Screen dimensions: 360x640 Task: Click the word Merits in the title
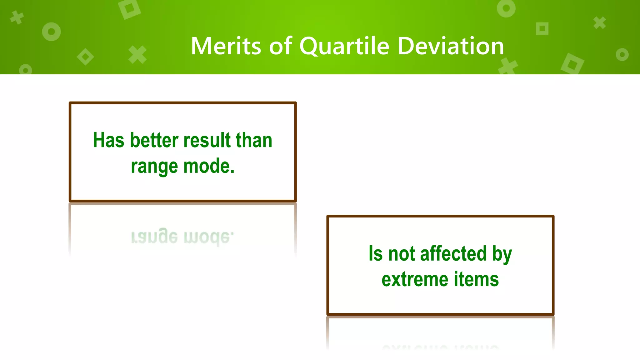226,46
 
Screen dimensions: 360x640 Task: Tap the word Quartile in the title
344,46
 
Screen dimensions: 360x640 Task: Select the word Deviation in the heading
451,46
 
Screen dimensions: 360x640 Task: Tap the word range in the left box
154,166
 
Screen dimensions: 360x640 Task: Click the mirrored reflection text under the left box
182,237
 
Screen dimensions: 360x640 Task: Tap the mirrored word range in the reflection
154,237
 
